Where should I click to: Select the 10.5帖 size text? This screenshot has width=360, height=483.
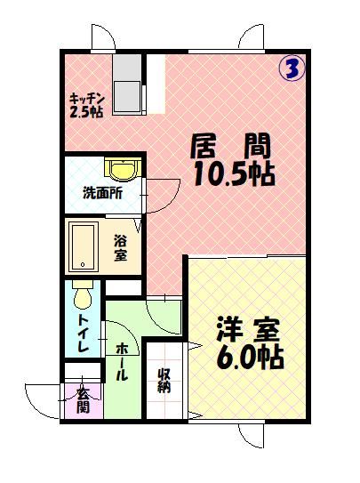click(233, 173)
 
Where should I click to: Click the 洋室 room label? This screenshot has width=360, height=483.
click(248, 330)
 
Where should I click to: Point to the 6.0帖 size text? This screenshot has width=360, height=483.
click(250, 358)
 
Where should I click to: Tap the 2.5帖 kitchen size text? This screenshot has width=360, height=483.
click(86, 112)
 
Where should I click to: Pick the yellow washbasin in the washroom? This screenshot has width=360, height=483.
click(118, 167)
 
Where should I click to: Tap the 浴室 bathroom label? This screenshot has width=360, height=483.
click(120, 246)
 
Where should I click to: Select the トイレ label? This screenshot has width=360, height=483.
click(82, 334)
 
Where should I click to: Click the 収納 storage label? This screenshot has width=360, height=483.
click(164, 381)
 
